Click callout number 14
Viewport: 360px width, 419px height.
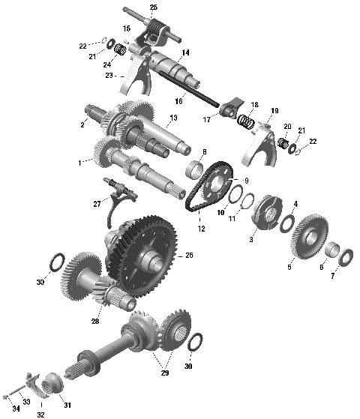[185, 52]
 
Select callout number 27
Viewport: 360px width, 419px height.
[97, 203]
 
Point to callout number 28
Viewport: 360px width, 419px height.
[95, 321]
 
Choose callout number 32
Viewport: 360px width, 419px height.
[40, 413]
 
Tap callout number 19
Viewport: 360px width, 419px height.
[274, 110]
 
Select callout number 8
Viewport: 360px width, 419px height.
[203, 152]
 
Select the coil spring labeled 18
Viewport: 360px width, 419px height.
[245, 120]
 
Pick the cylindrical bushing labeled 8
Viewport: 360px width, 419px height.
[199, 166]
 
